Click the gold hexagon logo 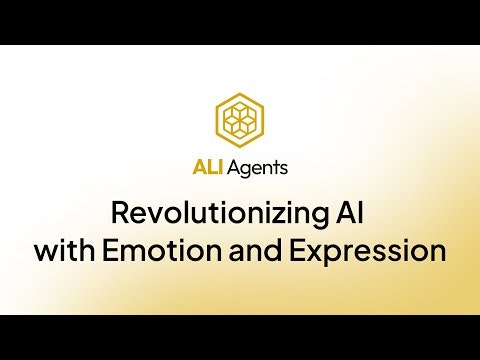[x=239, y=119]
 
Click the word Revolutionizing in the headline [x=209, y=213]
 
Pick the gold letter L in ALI [x=209, y=168]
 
